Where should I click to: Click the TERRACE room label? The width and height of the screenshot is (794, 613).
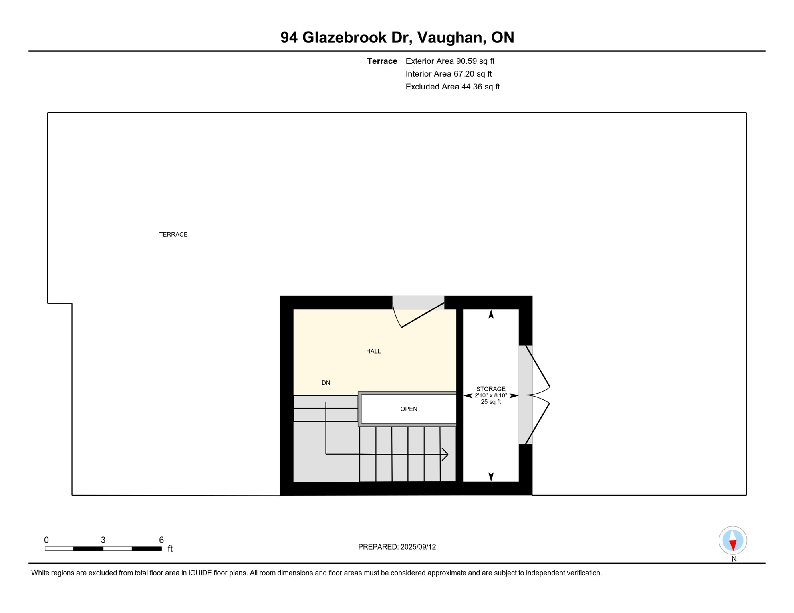pyautogui.click(x=173, y=235)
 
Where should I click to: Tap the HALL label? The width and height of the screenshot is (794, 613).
pyautogui.click(x=373, y=352)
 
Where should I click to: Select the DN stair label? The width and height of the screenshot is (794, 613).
pyautogui.click(x=326, y=383)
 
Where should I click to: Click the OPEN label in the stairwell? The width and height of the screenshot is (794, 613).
pyautogui.click(x=409, y=409)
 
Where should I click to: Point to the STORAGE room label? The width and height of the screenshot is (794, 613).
pyautogui.click(x=491, y=389)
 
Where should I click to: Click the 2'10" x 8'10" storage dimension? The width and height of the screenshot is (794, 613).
pyautogui.click(x=491, y=395)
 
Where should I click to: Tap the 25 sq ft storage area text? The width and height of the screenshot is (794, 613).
pyautogui.click(x=491, y=402)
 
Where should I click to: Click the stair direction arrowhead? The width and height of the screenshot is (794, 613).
pyautogui.click(x=445, y=455)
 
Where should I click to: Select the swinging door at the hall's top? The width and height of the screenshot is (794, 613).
pyautogui.click(x=419, y=315)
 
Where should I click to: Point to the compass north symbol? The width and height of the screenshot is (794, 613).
pyautogui.click(x=733, y=541)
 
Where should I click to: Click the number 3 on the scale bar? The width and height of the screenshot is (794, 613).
pyautogui.click(x=103, y=540)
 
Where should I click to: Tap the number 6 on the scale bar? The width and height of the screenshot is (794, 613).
pyautogui.click(x=161, y=540)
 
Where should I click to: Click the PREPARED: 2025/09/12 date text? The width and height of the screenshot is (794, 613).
pyautogui.click(x=397, y=547)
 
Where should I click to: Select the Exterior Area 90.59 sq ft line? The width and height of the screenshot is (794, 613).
pyautogui.click(x=450, y=61)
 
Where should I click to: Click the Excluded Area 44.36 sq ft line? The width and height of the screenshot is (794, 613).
pyautogui.click(x=453, y=87)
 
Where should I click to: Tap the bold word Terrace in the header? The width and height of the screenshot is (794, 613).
pyautogui.click(x=382, y=61)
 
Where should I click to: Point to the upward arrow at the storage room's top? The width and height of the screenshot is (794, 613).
pyautogui.click(x=491, y=315)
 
